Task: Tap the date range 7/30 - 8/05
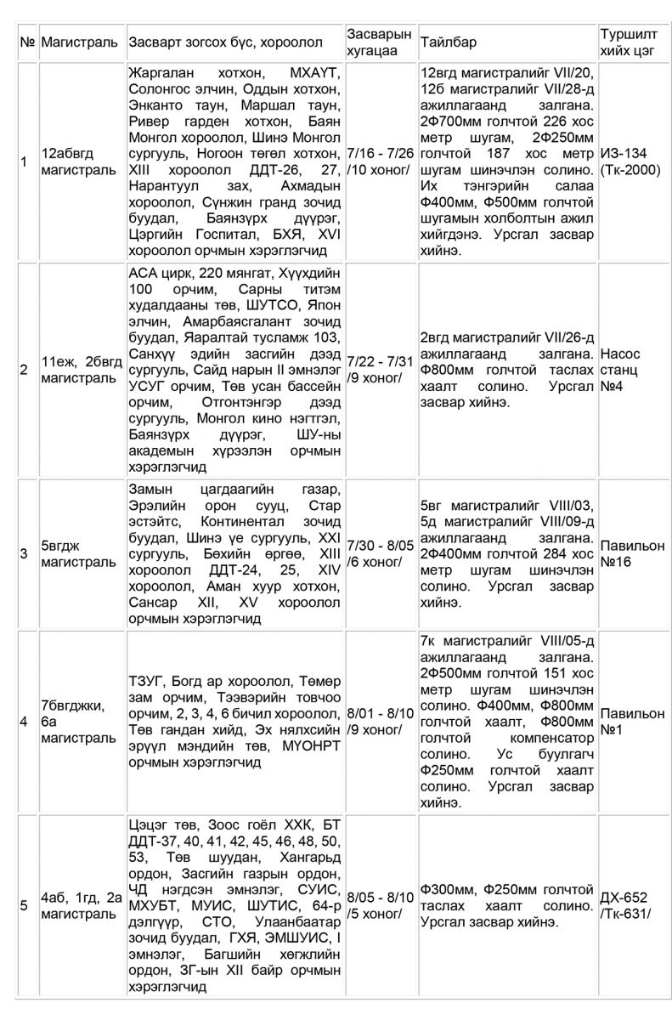click(381, 545)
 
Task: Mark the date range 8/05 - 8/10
click(381, 897)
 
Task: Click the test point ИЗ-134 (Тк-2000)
click(627, 161)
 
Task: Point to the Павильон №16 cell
click(632, 553)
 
